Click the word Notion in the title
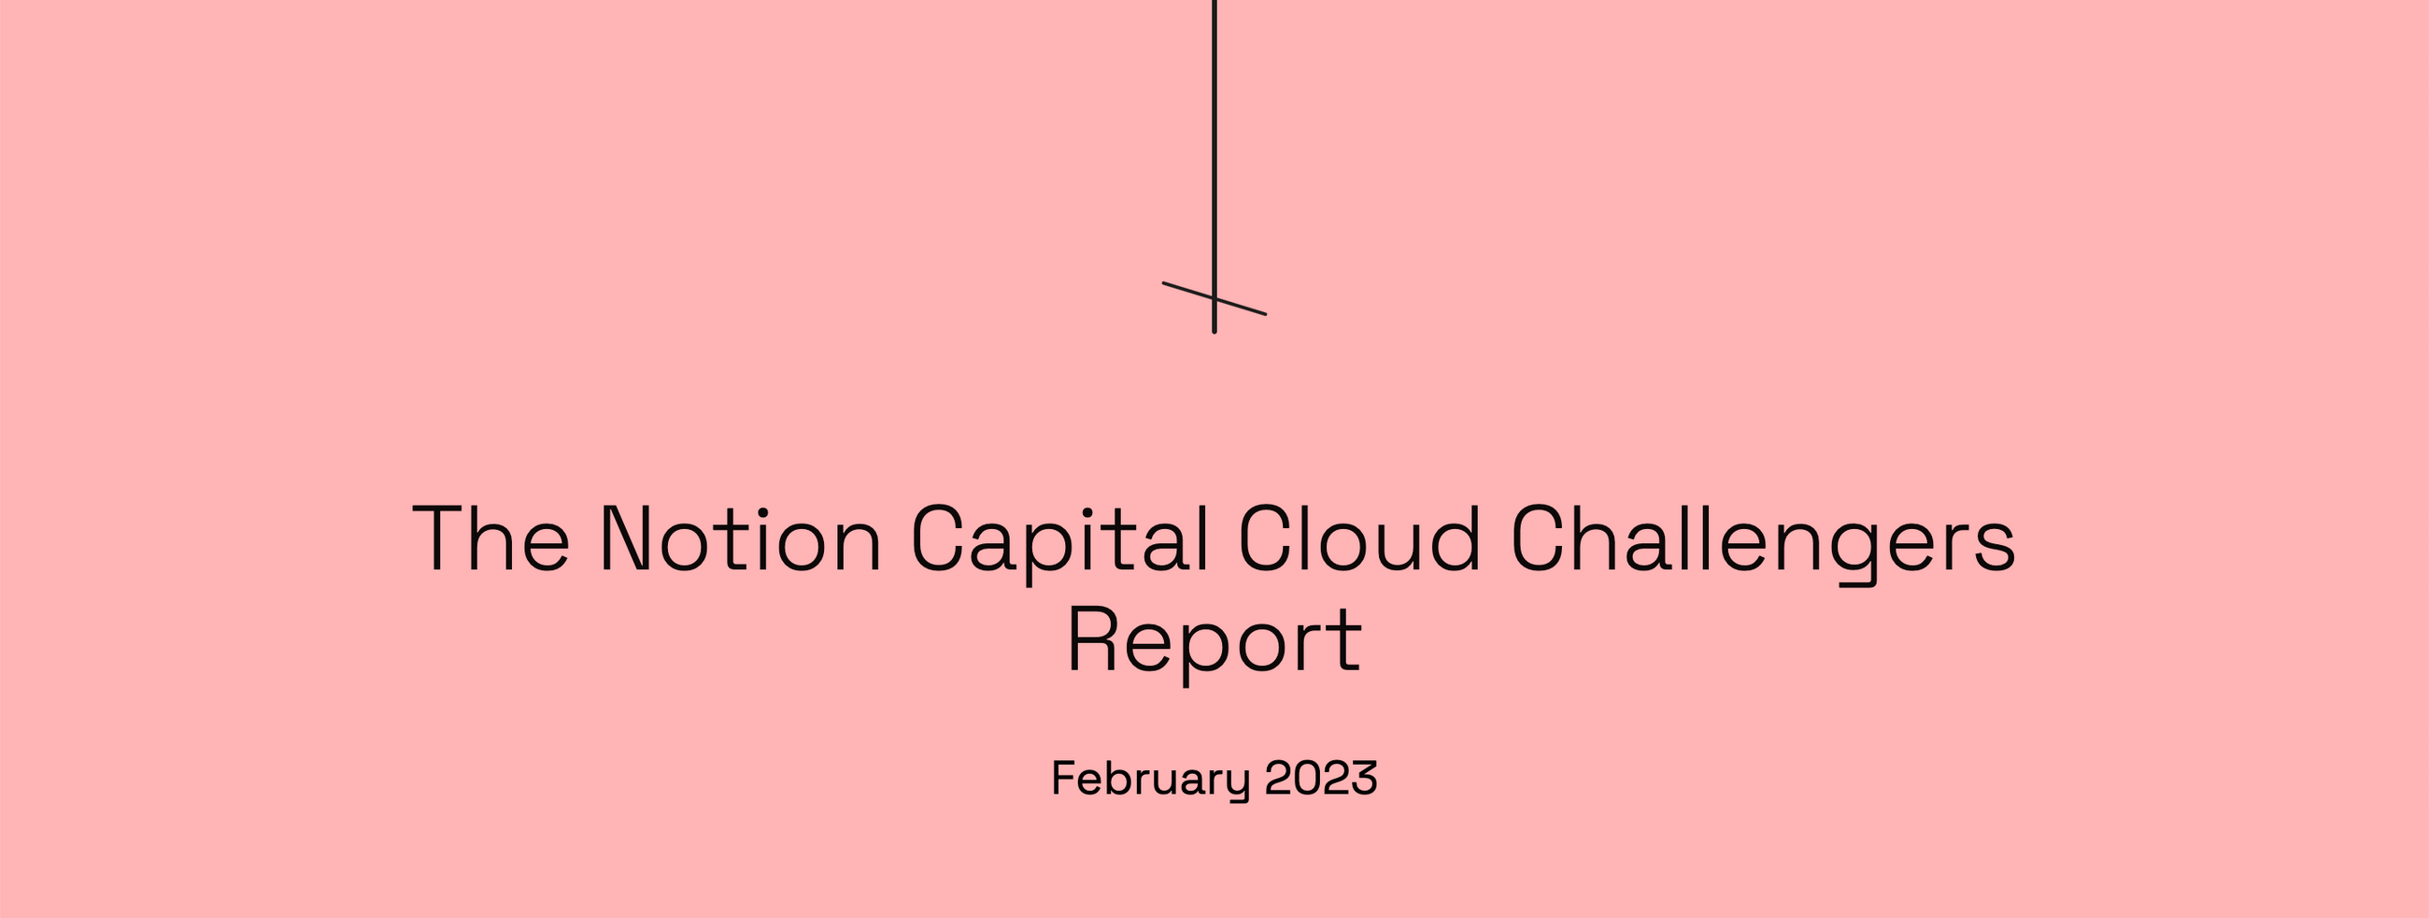coord(740,538)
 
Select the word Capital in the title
coord(1058,540)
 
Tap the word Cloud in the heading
coord(1358,538)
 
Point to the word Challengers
coord(1762,540)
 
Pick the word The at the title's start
coord(491,538)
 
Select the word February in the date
coord(1150,780)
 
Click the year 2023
coord(1320,779)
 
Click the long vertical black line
coord(1214,141)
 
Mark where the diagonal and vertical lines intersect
coord(1214,298)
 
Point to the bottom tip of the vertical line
coord(1214,330)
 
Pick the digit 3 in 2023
coord(1363,779)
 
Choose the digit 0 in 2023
coord(1306,779)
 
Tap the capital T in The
coord(439,538)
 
